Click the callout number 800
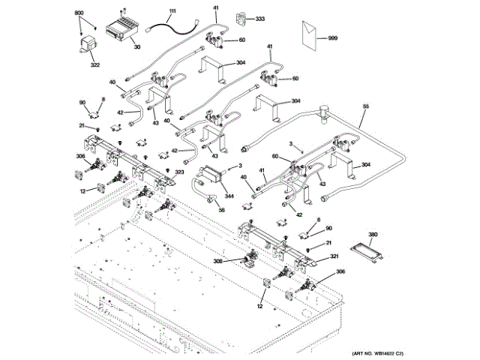pos(79,14)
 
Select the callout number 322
pos(95,66)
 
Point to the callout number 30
pos(137,47)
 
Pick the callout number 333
pos(260,18)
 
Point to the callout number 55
pos(365,108)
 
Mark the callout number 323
pos(179,172)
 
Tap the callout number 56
pos(221,211)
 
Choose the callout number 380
pos(373,235)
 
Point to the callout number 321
pos(335,256)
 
